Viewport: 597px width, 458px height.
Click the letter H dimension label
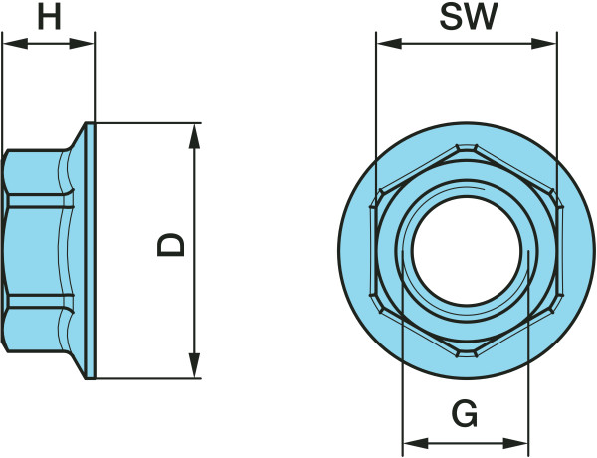[49, 18]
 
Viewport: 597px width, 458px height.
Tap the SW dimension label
[469, 17]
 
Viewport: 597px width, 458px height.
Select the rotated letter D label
[171, 245]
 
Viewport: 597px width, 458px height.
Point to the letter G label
[465, 413]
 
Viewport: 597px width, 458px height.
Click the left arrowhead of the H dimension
[15, 44]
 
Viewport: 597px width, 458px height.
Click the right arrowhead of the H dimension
[82, 44]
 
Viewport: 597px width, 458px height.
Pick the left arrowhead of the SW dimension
[389, 44]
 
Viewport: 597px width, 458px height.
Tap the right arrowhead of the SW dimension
[543, 44]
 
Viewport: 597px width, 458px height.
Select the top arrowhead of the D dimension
[195, 136]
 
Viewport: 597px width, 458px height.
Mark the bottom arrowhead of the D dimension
[195, 365]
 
